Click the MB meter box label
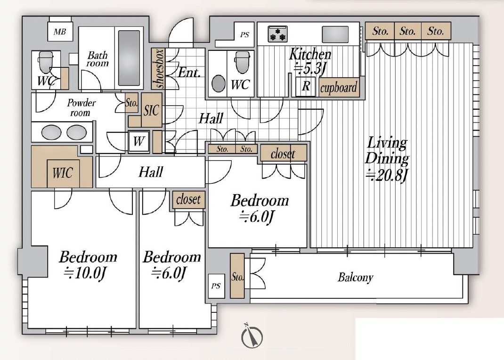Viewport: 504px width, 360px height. coord(60,32)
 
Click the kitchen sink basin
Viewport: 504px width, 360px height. coord(335,33)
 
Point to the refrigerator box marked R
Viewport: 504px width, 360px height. coord(306,86)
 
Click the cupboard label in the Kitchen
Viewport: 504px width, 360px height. coord(339,88)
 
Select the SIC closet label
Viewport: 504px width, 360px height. coord(151,110)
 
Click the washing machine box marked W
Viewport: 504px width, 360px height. coord(139,141)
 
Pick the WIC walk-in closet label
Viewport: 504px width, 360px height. coord(63,173)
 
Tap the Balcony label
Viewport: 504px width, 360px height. coord(356,277)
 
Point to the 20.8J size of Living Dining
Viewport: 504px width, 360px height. coord(387,175)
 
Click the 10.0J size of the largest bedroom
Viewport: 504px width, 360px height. coord(85,274)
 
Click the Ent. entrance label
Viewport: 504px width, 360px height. coord(189,73)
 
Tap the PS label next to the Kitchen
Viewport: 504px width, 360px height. coord(244,35)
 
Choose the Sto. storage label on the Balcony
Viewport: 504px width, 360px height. coord(237,277)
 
